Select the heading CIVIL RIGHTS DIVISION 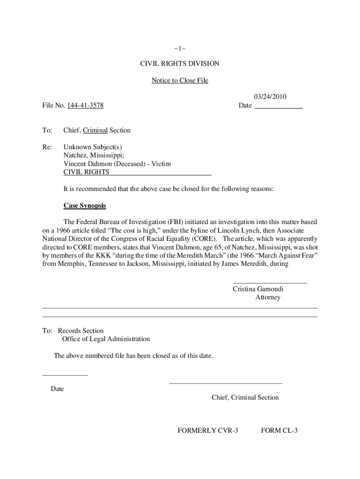[x=180, y=64]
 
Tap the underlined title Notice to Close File [x=180, y=80]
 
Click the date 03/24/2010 [x=270, y=97]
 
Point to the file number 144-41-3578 [x=86, y=106]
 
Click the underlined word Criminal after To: [x=95, y=131]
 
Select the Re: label [x=47, y=147]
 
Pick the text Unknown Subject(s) [x=93, y=147]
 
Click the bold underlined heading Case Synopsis [x=85, y=206]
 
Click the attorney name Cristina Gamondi [x=258, y=289]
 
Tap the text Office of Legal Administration [x=106, y=339]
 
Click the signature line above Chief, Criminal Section [x=226, y=384]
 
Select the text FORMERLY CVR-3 [x=208, y=430]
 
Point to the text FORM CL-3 [x=279, y=430]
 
